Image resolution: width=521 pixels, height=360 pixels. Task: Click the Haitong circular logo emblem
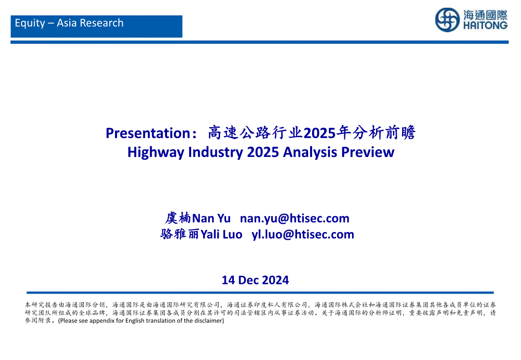click(447, 20)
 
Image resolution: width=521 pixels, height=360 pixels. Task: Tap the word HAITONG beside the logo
click(485, 26)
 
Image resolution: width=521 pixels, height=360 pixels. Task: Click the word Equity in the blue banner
click(30, 23)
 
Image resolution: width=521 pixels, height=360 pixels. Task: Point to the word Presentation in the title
click(148, 133)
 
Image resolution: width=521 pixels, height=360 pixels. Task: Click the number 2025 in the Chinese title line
click(319, 133)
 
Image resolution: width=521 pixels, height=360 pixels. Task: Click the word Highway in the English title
click(156, 153)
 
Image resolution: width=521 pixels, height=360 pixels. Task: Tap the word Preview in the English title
click(368, 152)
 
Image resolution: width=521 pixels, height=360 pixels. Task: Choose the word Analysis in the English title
click(310, 153)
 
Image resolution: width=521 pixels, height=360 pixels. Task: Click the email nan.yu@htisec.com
click(295, 219)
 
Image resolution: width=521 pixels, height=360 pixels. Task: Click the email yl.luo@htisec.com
click(303, 234)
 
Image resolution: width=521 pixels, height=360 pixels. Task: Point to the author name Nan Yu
click(211, 219)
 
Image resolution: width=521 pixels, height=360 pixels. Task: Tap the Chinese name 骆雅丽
click(180, 234)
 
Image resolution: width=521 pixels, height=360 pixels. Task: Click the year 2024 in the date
click(275, 280)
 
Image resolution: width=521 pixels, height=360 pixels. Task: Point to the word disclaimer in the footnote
click(208, 321)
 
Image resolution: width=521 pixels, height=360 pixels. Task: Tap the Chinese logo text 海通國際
click(485, 15)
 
